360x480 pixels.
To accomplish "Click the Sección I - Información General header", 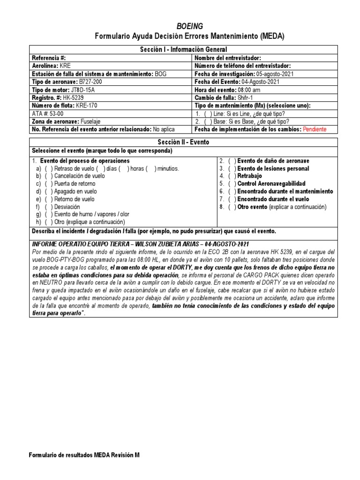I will click(183, 49).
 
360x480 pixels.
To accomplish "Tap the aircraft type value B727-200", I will click(91, 82).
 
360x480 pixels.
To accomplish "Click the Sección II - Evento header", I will click(183, 142).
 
